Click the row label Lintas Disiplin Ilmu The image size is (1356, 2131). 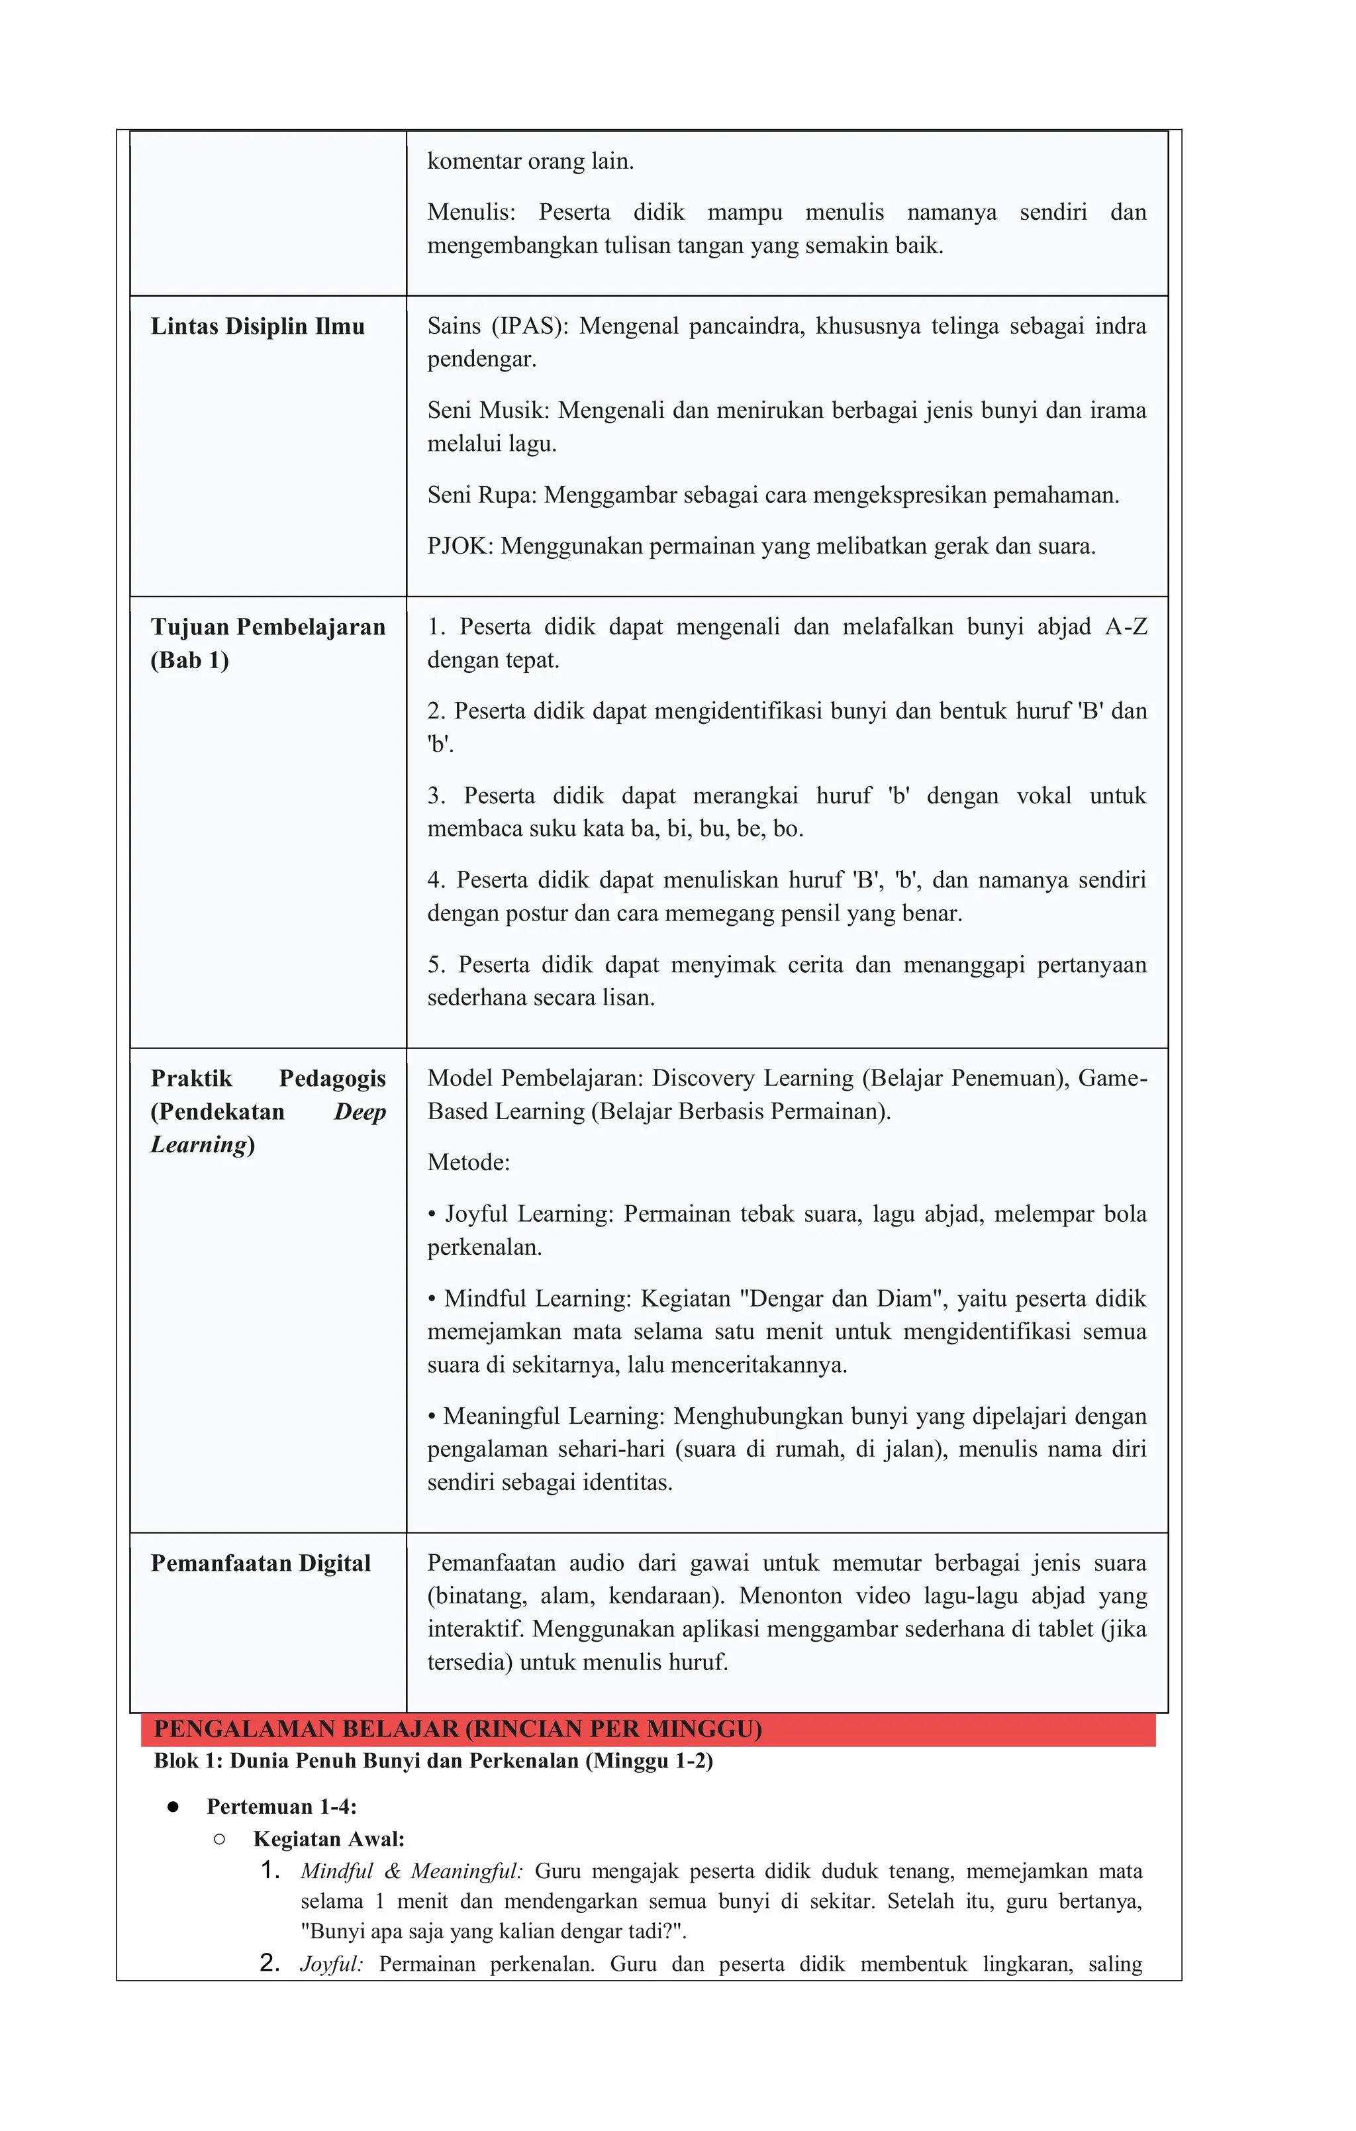click(257, 326)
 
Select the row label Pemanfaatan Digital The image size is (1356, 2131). click(260, 1563)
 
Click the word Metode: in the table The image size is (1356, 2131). click(468, 1162)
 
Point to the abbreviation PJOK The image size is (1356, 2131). click(460, 546)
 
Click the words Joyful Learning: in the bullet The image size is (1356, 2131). click(528, 1213)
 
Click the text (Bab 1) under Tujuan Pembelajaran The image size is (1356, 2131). click(189, 660)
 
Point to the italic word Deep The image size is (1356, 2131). click(360, 1111)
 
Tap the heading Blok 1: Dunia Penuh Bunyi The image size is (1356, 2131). click(433, 1760)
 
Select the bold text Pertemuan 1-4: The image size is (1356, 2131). click(281, 1807)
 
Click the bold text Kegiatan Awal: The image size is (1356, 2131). click(328, 1839)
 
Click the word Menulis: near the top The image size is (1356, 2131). click(471, 213)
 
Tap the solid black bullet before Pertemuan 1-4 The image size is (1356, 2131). click(173, 1807)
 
